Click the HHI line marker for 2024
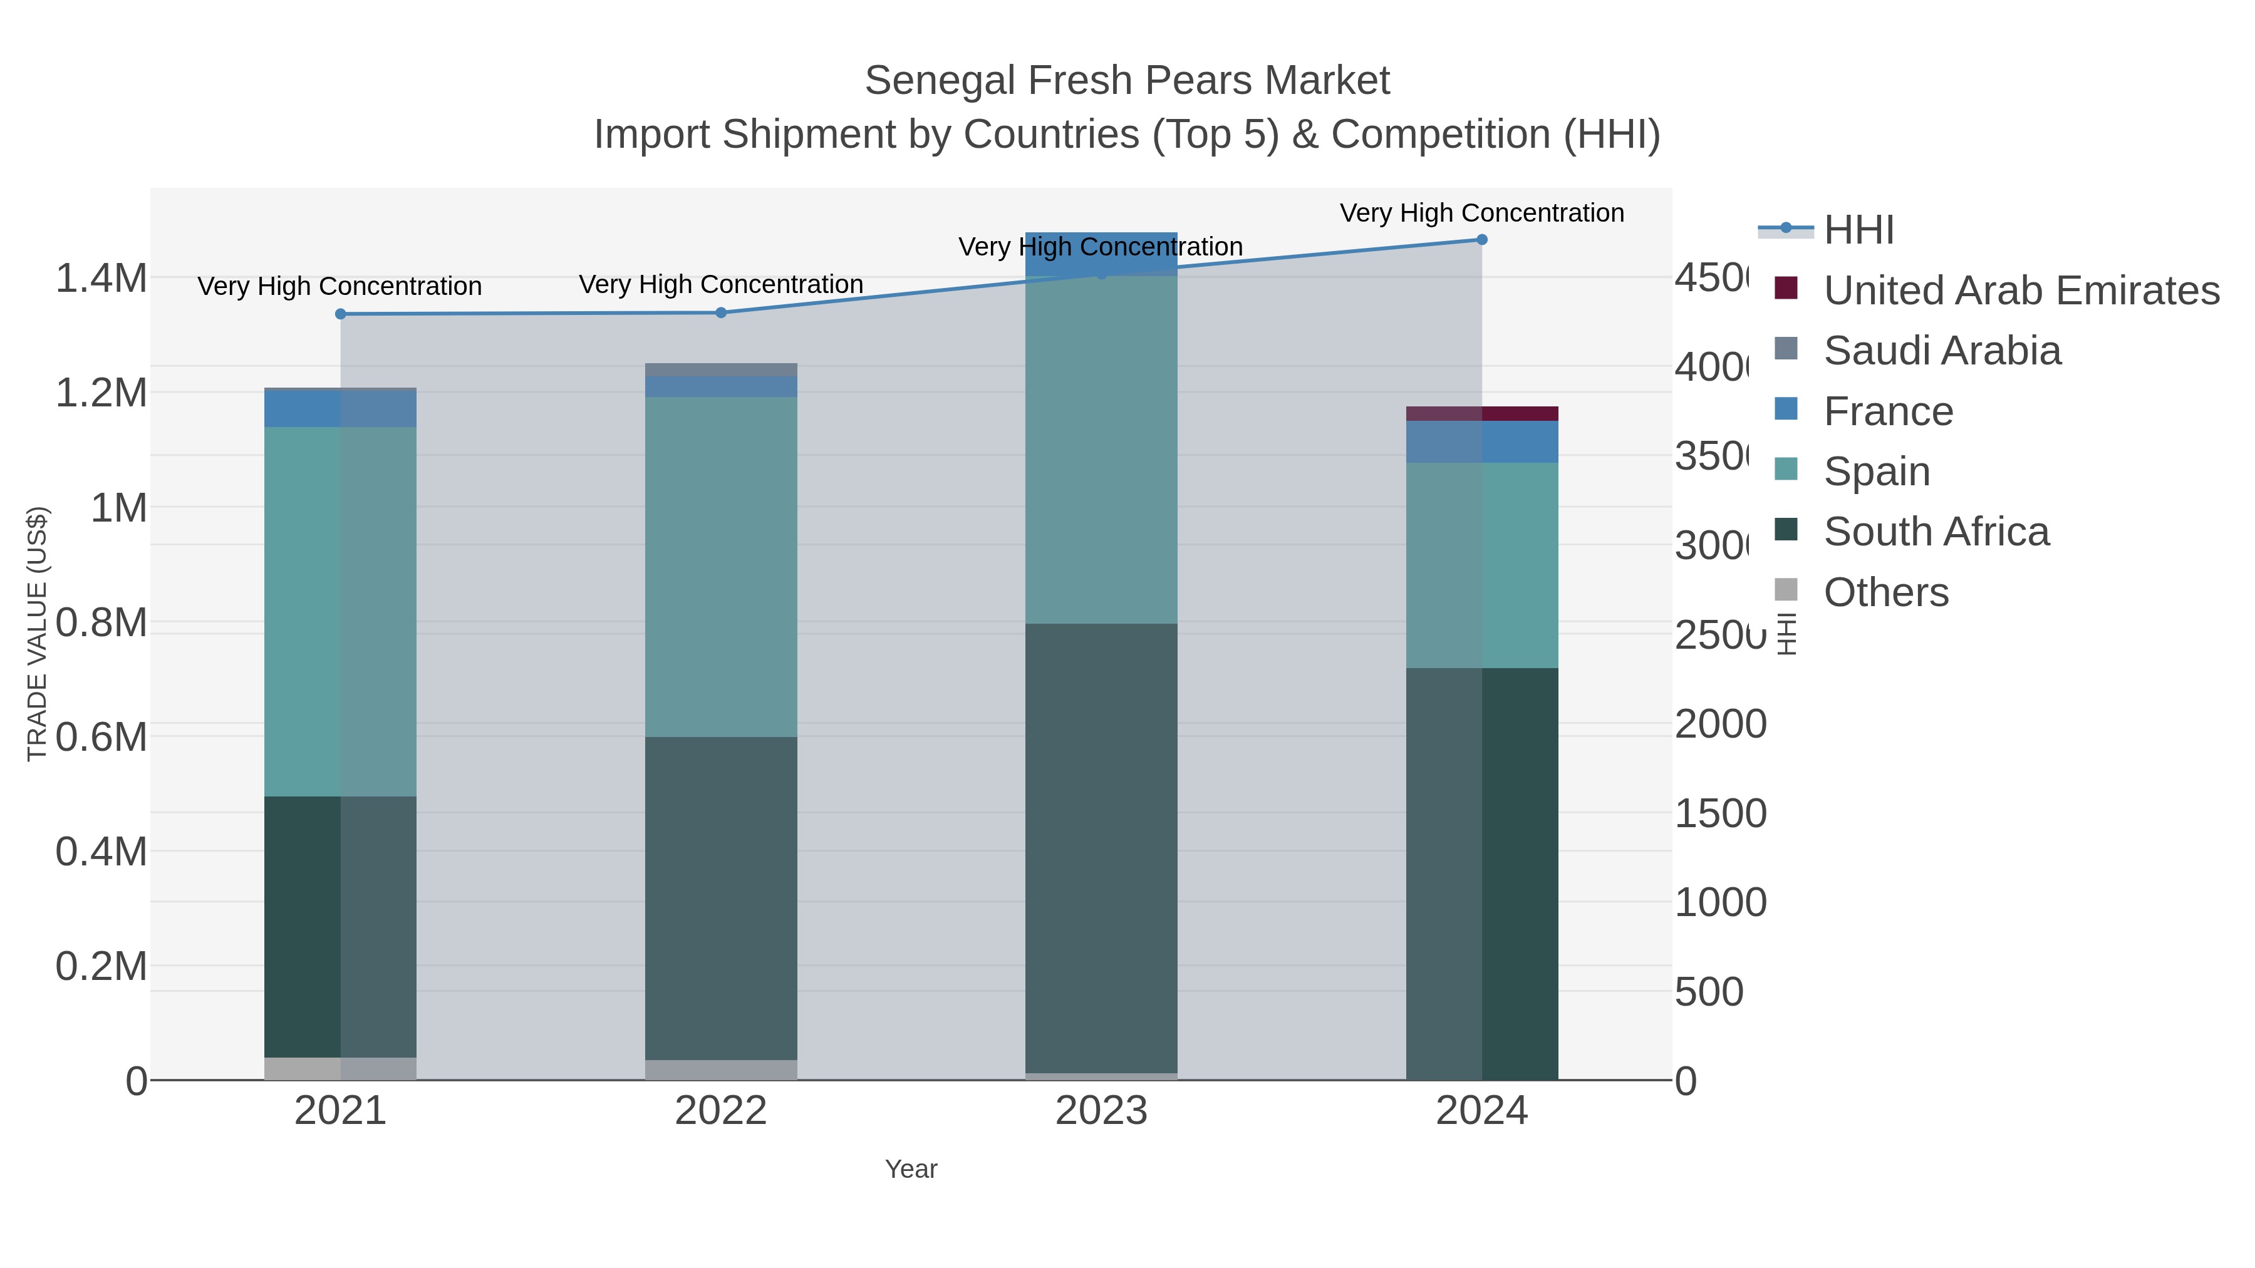pyautogui.click(x=1481, y=240)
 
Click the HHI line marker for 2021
pyautogui.click(x=341, y=314)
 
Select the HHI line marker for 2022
pyautogui.click(x=722, y=312)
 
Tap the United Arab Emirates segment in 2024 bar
pyautogui.click(x=1481, y=414)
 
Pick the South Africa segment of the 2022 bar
pyautogui.click(x=722, y=898)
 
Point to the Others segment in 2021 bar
pyautogui.click(x=341, y=1068)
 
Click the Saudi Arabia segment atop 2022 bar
pyautogui.click(x=722, y=370)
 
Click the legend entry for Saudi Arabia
pyautogui.click(x=1942, y=351)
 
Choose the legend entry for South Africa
pyautogui.click(x=1936, y=532)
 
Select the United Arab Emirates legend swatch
pyautogui.click(x=1786, y=288)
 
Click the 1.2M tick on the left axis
pyautogui.click(x=101, y=393)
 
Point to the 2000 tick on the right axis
pyautogui.click(x=1719, y=724)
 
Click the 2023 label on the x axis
pyautogui.click(x=1101, y=1111)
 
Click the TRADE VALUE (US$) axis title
pyautogui.click(x=37, y=634)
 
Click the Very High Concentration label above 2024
pyautogui.click(x=1481, y=213)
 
